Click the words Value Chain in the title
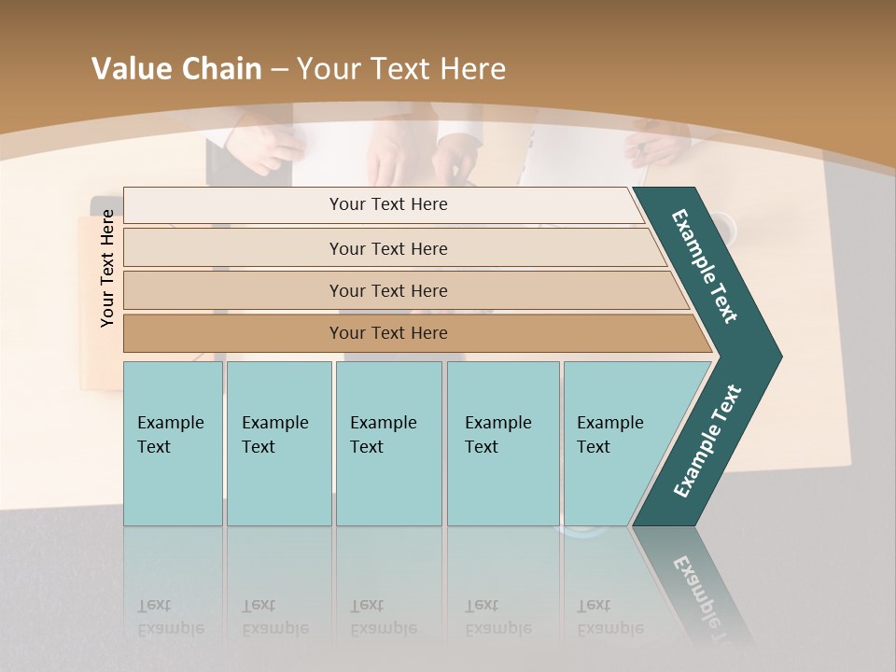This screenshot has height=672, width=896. (x=176, y=69)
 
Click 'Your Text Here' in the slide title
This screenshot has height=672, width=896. (x=401, y=69)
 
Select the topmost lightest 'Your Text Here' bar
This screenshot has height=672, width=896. (x=388, y=204)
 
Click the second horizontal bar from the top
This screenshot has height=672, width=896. (x=388, y=248)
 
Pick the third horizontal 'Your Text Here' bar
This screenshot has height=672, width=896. (x=388, y=290)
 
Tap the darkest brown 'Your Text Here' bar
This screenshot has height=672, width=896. (x=388, y=333)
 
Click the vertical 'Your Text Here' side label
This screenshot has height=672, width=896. (x=107, y=268)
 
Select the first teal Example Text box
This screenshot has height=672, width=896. (x=173, y=442)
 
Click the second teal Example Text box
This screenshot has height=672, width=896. (x=278, y=442)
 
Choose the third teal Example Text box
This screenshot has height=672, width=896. (x=387, y=442)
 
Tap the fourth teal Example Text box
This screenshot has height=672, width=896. (x=502, y=442)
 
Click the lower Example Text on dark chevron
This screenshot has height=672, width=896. (x=707, y=441)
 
